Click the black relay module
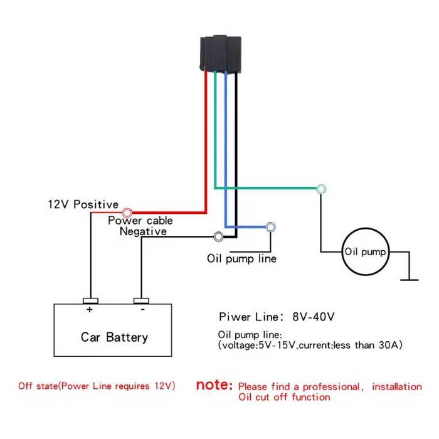coord(221,53)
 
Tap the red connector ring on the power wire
coord(127,213)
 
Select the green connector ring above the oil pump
coord(321,189)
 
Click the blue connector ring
coord(270,227)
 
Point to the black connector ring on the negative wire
coord(218,237)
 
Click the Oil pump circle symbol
coord(366,251)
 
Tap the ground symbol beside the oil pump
coord(410,280)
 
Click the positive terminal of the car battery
coord(90,301)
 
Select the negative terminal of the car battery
coord(141,301)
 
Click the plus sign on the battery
coord(89,309)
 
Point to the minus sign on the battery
coord(143,309)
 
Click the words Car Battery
coord(114,337)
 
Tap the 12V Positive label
coord(83,204)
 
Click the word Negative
coord(143,231)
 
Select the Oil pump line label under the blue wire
coord(241,258)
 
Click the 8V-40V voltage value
coord(314,317)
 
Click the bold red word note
coord(214,385)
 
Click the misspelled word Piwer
coord(235,317)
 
